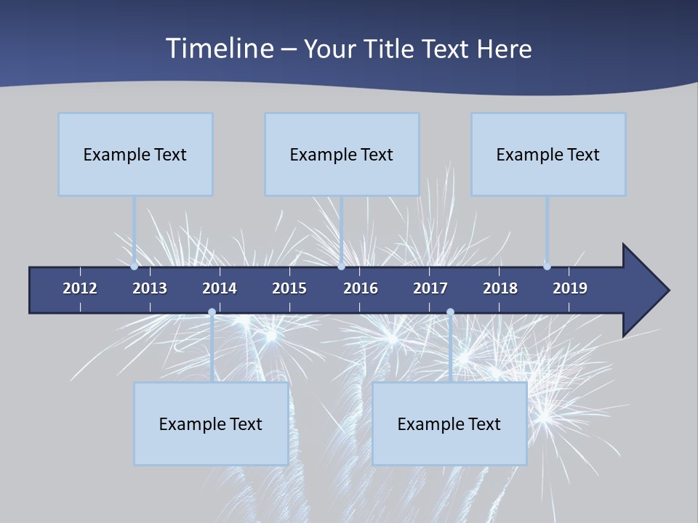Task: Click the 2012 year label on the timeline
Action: (80, 288)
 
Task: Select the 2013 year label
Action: (150, 288)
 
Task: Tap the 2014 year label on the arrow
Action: (220, 288)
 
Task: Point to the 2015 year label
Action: (289, 288)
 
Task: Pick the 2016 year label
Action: (361, 288)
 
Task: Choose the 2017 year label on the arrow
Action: (430, 288)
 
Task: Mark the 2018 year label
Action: (500, 288)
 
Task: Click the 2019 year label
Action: (570, 288)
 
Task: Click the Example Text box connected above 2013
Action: (135, 155)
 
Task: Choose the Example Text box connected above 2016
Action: (342, 155)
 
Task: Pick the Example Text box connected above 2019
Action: (548, 155)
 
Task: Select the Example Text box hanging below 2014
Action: (211, 424)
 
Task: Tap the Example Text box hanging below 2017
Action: (449, 424)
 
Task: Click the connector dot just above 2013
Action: (135, 267)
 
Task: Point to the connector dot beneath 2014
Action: (212, 312)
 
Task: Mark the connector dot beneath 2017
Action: (450, 312)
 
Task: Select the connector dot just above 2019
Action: (547, 267)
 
